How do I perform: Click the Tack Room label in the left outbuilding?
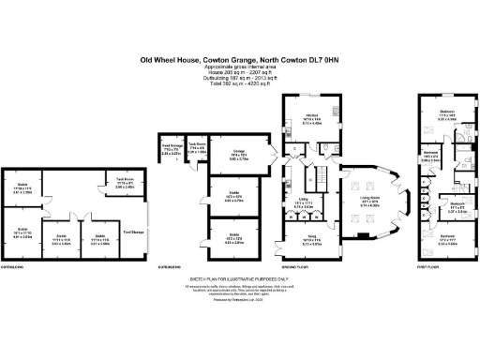[x=126, y=185]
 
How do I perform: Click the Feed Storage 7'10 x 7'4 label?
[x=172, y=147]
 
